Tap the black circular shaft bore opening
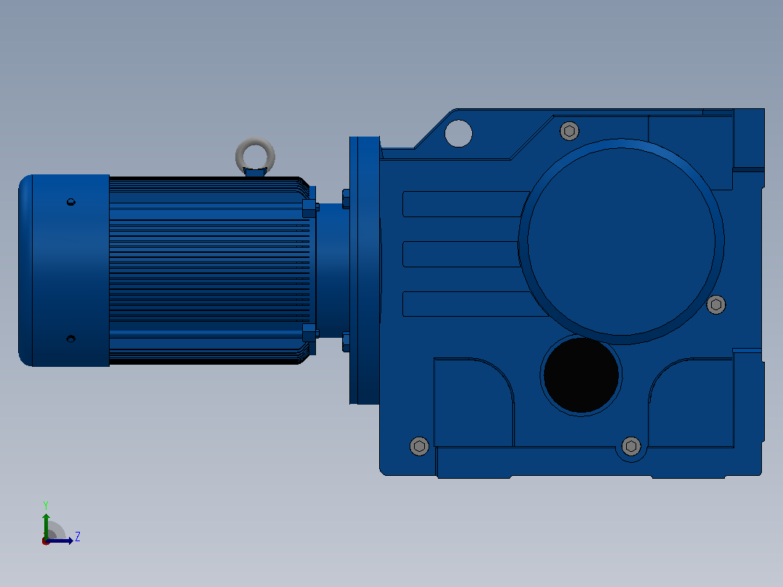581,375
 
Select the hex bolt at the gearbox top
569,131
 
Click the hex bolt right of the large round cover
716,304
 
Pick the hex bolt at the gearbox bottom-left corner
420,445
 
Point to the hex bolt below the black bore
631,445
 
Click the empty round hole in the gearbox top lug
458,134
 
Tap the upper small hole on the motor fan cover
71,202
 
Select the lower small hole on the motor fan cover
71,339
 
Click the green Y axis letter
46,505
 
